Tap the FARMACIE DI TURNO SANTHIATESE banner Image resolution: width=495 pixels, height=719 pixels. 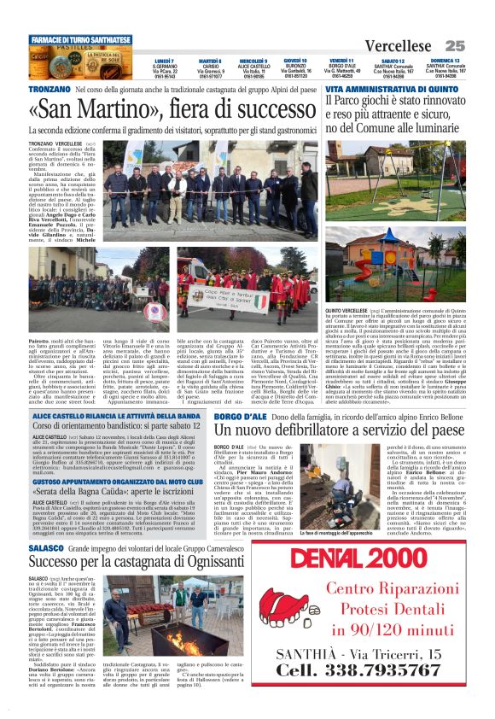pyautogui.click(x=80, y=39)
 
